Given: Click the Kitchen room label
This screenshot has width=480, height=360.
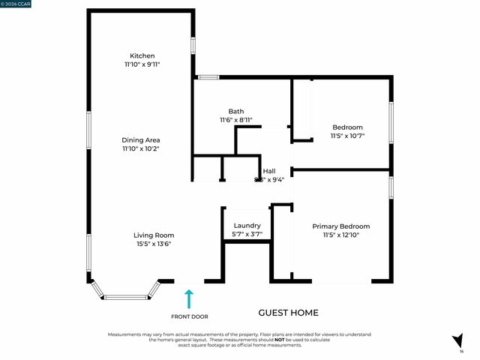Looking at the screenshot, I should [x=142, y=56].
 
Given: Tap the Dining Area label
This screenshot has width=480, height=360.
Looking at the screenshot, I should [x=142, y=139].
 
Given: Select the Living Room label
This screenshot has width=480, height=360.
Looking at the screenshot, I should [x=154, y=235].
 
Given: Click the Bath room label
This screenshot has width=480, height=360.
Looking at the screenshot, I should [x=236, y=111].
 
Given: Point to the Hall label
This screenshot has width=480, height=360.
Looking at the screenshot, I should [x=268, y=171].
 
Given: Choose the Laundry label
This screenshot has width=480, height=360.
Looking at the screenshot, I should [x=247, y=226].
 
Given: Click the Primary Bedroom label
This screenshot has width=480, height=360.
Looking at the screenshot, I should [x=341, y=226].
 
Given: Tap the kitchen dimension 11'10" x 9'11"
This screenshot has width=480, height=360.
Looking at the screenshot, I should [x=142, y=65].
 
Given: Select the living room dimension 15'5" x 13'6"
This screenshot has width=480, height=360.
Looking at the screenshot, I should [x=154, y=244].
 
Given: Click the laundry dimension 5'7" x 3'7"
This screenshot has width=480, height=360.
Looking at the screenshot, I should [x=247, y=235].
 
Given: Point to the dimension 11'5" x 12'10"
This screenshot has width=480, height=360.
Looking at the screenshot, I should [x=341, y=235].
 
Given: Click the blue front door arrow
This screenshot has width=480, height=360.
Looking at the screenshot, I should [x=189, y=298].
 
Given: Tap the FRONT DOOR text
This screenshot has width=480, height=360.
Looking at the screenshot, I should [x=189, y=316].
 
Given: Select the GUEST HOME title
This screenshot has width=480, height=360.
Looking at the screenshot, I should [x=288, y=313].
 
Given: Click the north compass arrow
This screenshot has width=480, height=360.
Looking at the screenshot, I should [x=457, y=340].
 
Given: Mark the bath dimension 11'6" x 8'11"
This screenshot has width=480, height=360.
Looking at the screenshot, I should [x=236, y=120].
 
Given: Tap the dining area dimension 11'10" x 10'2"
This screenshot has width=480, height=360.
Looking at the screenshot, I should [x=142, y=148].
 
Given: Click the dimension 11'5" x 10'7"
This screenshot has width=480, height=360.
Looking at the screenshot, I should [x=347, y=136].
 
